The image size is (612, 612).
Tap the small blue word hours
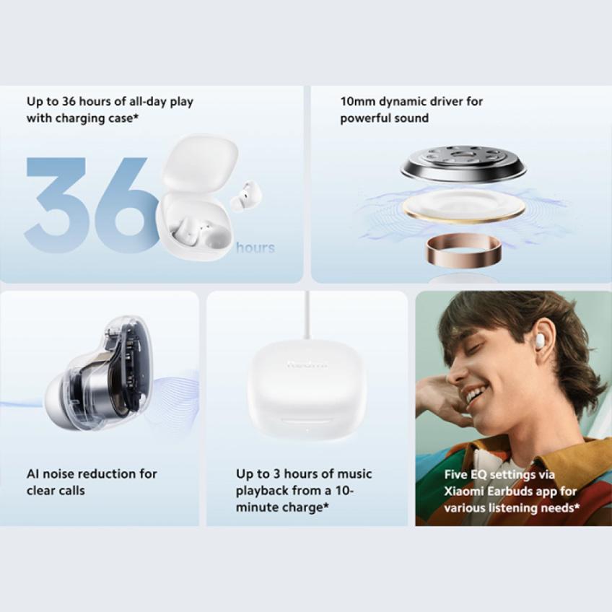[x=255, y=248]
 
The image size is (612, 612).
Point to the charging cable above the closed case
[x=307, y=315]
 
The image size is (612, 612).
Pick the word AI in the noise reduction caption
[x=34, y=474]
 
